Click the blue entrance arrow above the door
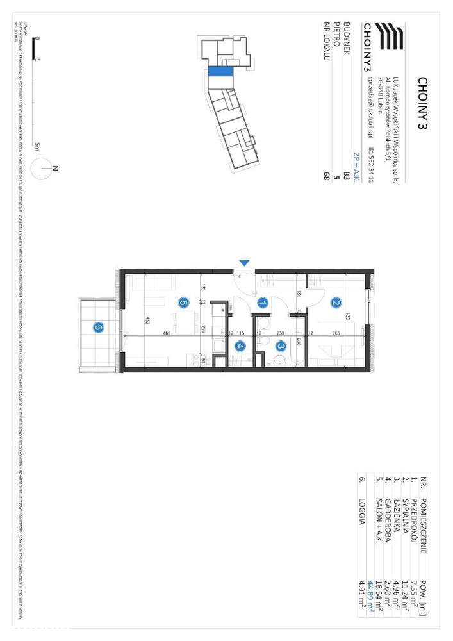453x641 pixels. pos(243,262)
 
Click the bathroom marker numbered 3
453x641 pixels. pos(281,346)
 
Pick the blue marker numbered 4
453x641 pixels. pos(240,347)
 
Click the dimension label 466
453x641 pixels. pos(166,333)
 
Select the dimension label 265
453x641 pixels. pos(336,333)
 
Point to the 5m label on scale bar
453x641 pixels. pos(38,146)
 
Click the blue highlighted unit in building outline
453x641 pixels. pos(220,72)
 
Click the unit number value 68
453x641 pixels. pos(327,176)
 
